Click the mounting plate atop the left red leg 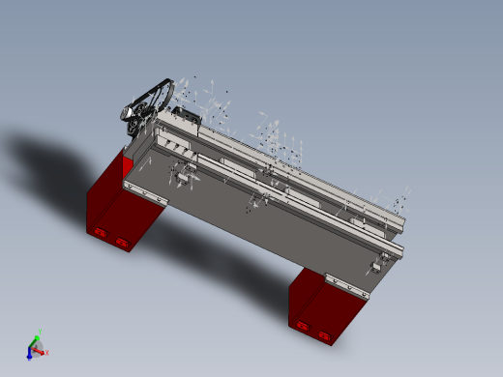(x=146, y=192)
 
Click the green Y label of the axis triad (x=38, y=330)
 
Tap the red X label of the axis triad (x=47, y=352)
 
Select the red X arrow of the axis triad (x=41, y=351)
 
